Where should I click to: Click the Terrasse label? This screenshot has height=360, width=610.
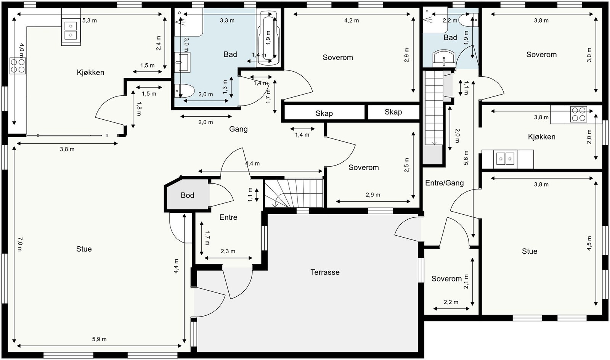325,272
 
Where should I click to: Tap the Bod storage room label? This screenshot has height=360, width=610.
187,195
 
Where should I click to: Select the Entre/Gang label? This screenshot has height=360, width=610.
445,183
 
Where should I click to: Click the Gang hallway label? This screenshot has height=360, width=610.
238,129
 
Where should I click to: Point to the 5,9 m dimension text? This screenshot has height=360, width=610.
99,339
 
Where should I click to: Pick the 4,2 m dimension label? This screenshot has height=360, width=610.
351,21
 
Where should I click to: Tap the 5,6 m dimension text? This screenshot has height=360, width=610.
466,157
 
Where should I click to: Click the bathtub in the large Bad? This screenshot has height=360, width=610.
268,38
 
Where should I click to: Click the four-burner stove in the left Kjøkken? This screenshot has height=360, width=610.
18,66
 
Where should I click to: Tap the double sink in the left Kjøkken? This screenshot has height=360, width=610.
71,31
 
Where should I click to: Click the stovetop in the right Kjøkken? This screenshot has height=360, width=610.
579,114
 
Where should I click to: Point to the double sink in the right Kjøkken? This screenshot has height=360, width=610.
505,159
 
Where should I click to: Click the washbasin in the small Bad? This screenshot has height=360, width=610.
444,58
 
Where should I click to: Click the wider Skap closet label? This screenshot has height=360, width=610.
324,113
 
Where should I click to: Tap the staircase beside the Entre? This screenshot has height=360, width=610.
294,193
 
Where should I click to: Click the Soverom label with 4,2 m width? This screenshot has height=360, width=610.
338,58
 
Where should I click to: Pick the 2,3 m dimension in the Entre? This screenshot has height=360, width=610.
228,251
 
